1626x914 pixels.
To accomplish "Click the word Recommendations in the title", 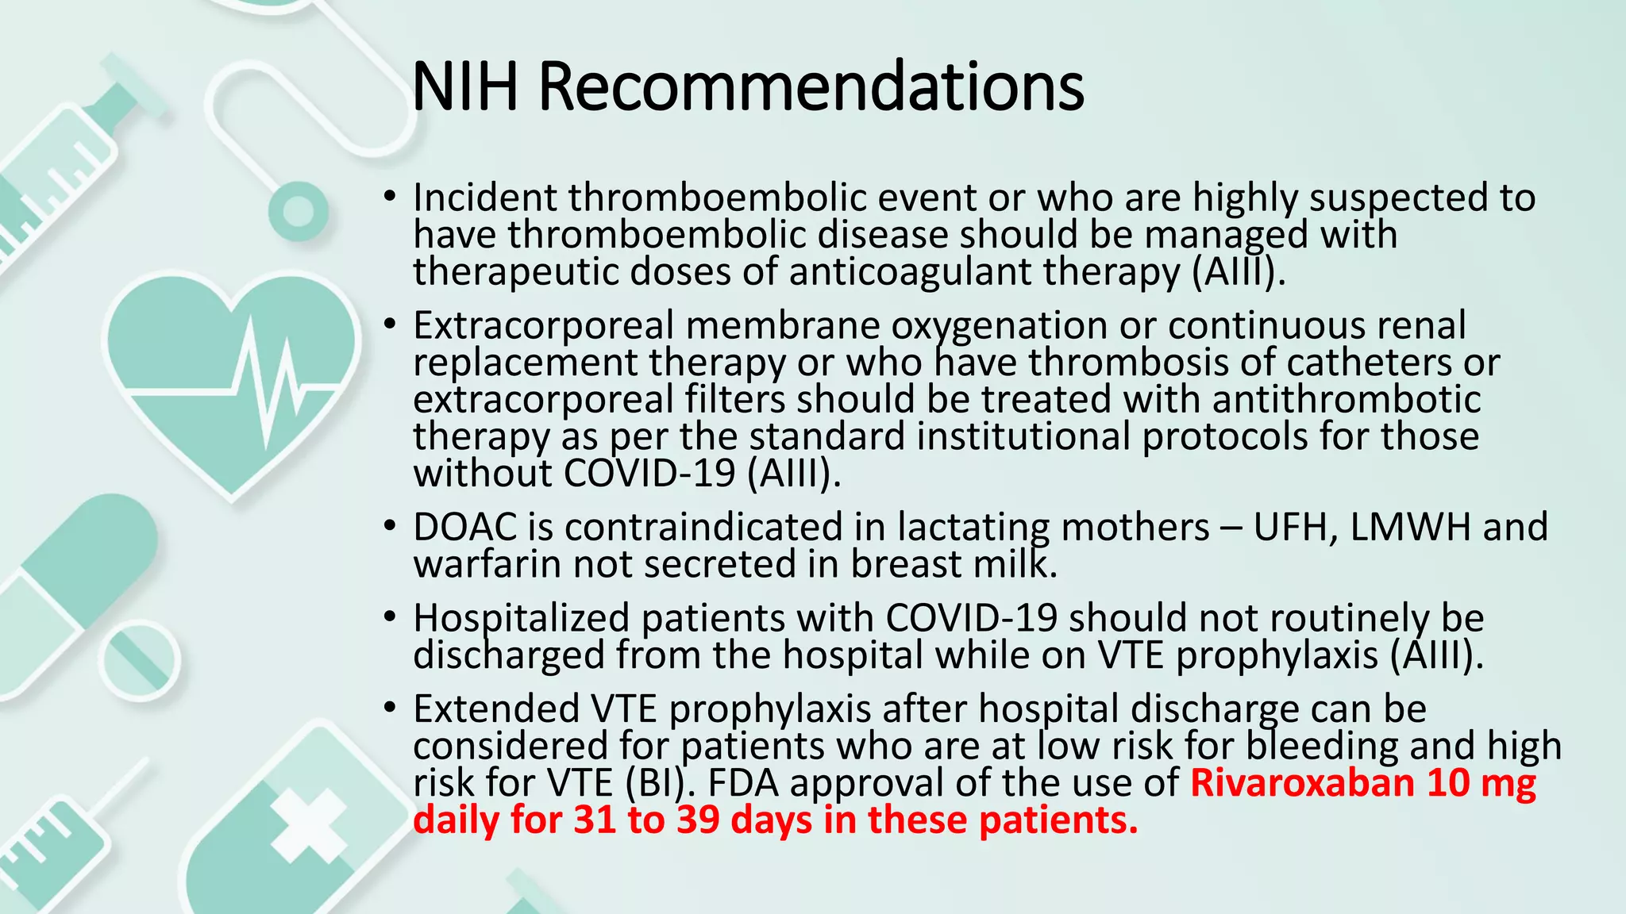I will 811,87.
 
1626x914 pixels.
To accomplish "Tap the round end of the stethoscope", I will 298,211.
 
